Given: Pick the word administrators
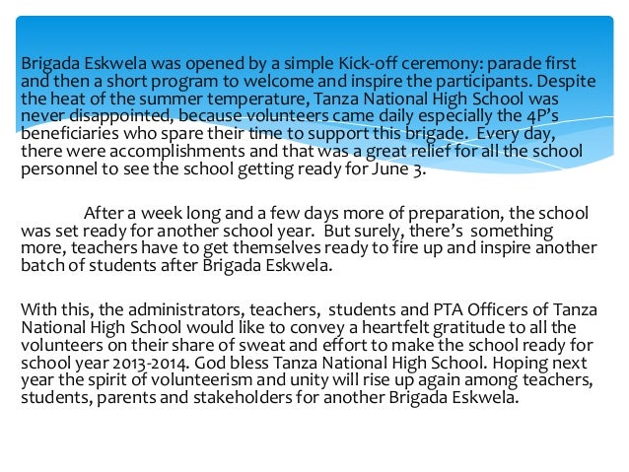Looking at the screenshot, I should click(170, 309).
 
